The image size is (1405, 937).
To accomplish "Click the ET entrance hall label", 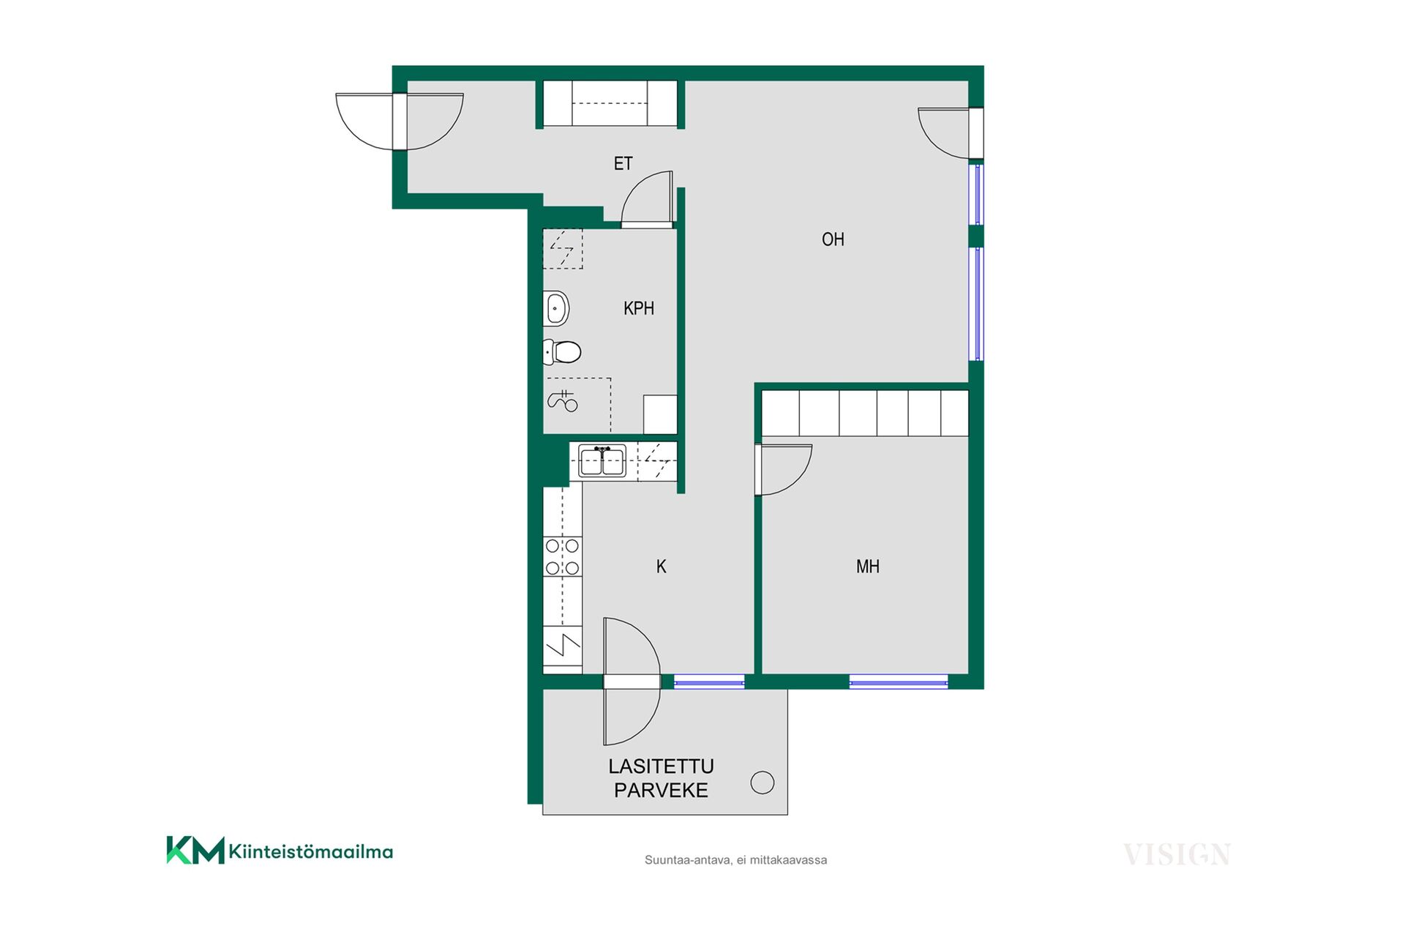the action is coord(623,163).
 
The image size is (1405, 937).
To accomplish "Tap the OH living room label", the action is coord(833,239).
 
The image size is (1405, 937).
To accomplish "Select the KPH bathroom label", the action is coord(638,309).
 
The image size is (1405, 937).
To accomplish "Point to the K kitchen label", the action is coord(661,567).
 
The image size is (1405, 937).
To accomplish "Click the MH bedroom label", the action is coord(868,567).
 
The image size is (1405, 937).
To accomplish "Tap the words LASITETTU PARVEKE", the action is coord(661,778).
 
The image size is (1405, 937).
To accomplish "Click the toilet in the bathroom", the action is coord(562,352).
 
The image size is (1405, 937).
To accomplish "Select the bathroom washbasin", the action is coord(556,308).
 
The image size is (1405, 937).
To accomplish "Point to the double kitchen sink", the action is coord(602,461).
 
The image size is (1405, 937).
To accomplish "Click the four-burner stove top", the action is coord(562,556).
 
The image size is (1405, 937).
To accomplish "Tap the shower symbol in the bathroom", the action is coord(563,400).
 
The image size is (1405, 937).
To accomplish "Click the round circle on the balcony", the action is coord(763,783).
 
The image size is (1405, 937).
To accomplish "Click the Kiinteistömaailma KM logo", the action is coord(280,851).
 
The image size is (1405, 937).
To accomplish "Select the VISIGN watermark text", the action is coord(1177,854).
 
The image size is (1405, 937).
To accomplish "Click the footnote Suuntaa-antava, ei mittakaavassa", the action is coord(735,860).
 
